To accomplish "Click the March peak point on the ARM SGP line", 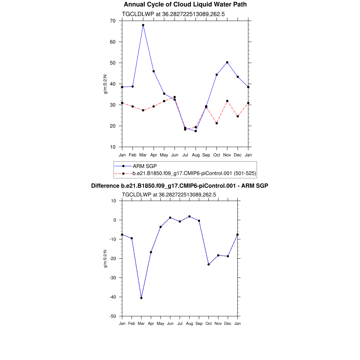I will (x=143, y=25).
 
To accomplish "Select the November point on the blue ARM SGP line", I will (x=227, y=62).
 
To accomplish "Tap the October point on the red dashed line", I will (x=217, y=123).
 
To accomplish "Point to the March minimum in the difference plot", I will (x=141, y=298).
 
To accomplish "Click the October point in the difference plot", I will (x=208, y=264).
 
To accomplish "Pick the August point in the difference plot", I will (x=189, y=216).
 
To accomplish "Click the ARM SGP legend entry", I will (x=142, y=166).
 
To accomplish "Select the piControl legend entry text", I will (x=194, y=173).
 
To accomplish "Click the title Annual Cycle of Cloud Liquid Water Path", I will (x=185, y=5).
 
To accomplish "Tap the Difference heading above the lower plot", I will (x=180, y=186).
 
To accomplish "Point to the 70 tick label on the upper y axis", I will (x=112, y=21).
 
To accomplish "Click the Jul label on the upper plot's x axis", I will (x=185, y=155).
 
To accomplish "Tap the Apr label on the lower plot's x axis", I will (x=151, y=323).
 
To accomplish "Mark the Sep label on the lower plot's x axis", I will (x=199, y=323).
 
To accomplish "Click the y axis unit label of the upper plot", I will (x=105, y=84).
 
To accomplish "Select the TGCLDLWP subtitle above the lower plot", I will (x=169, y=194).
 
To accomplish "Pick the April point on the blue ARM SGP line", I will (x=154, y=71).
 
